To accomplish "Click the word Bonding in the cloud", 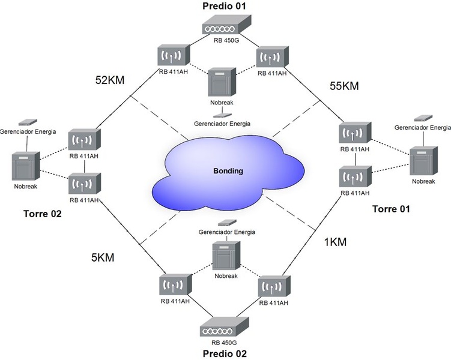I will [228, 171].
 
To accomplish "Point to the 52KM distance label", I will [109, 80].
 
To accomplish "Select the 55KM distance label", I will [344, 86].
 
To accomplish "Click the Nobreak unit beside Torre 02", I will [26, 168].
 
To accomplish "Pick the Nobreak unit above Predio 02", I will [226, 257].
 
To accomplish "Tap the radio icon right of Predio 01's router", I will [270, 58].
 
